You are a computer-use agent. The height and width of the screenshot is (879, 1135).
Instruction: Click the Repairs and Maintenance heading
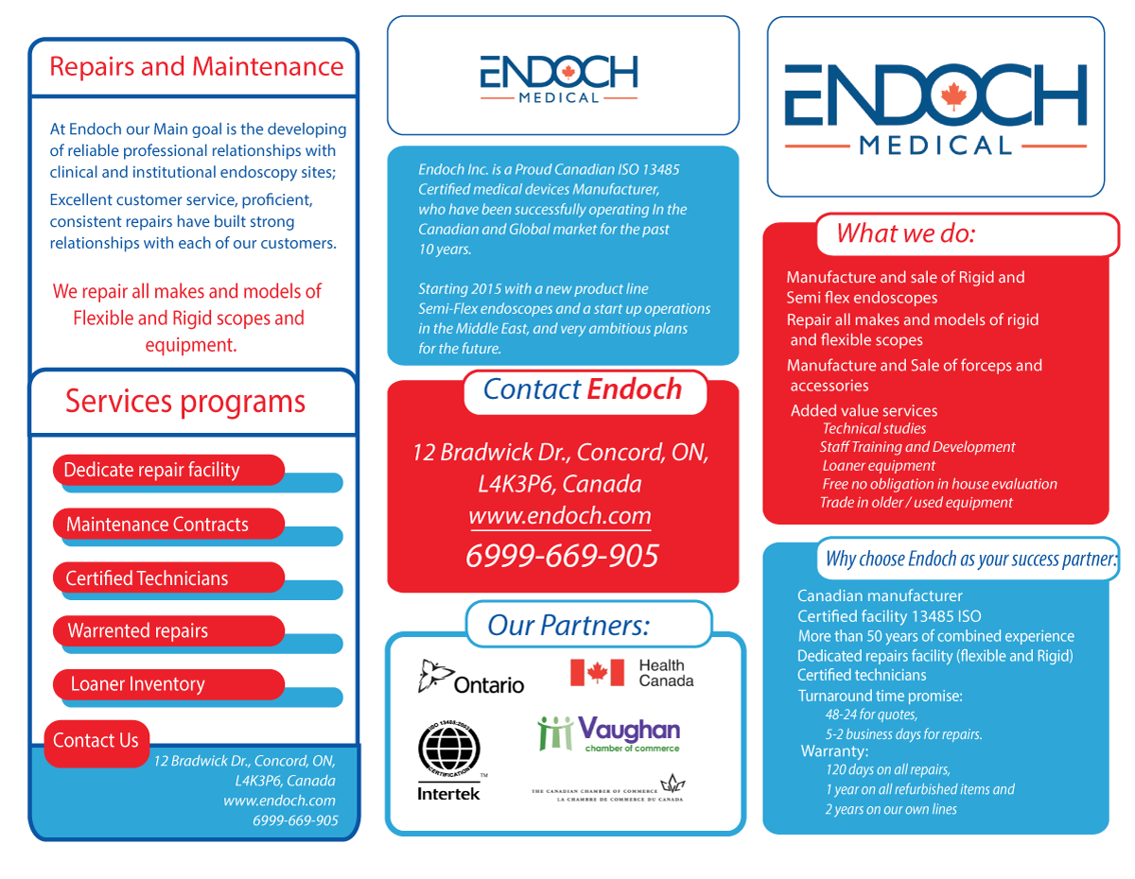click(196, 67)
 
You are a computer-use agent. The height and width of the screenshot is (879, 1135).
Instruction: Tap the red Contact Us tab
click(96, 741)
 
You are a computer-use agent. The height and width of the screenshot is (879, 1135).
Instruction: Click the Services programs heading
click(185, 402)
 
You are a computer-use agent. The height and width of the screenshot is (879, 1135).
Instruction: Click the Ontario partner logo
click(471, 678)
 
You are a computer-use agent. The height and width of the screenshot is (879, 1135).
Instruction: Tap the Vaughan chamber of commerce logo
click(609, 733)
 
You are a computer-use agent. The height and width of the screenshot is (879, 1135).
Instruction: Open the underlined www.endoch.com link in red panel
click(560, 516)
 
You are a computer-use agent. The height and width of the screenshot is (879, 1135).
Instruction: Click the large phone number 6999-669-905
click(562, 556)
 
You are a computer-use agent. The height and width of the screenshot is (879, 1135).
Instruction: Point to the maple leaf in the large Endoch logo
click(954, 95)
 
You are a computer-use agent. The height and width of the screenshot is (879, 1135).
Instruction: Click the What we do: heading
click(905, 233)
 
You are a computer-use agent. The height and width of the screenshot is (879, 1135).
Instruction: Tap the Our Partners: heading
click(568, 625)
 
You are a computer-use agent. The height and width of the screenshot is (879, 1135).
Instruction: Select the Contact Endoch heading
click(582, 389)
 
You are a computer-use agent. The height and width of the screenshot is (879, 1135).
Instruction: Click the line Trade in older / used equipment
click(916, 503)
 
